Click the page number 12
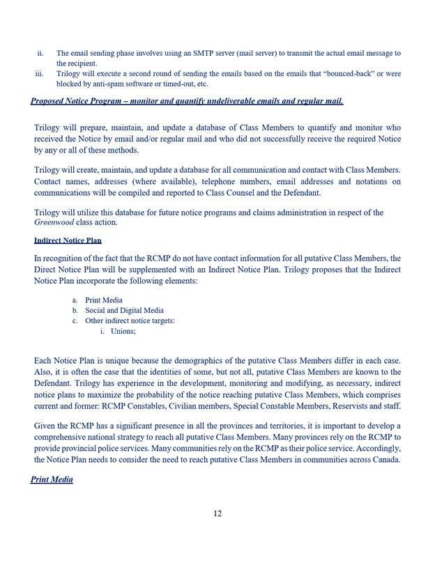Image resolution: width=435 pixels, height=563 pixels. click(x=217, y=514)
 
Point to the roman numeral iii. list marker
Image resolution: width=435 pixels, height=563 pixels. click(x=39, y=73)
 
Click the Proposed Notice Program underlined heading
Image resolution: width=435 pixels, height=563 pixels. click(x=187, y=102)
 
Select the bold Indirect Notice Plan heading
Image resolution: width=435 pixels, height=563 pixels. click(x=68, y=240)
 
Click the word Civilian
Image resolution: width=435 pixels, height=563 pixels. click(x=190, y=406)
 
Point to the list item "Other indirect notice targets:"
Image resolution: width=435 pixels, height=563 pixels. click(x=130, y=321)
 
